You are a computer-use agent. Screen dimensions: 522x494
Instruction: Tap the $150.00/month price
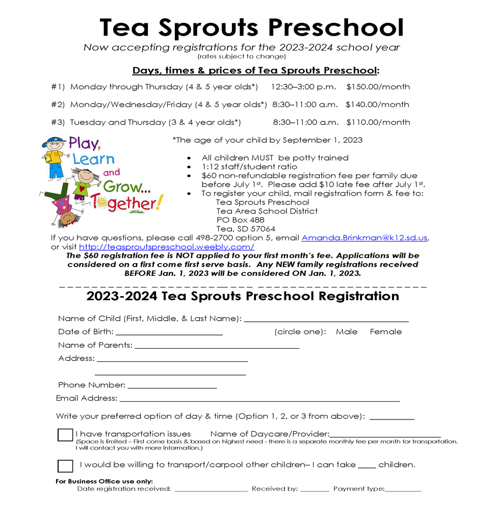click(x=378, y=87)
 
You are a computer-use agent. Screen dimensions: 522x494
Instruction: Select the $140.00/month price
click(x=377, y=105)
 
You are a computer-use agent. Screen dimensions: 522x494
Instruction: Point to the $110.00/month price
click(x=378, y=122)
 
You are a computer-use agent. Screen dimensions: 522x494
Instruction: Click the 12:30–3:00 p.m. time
click(x=304, y=87)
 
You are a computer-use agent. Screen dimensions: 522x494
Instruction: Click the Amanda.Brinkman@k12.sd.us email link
click(x=365, y=238)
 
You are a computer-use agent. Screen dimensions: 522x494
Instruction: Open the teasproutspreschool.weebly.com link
click(x=167, y=247)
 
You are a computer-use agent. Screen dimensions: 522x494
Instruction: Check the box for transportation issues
click(x=65, y=435)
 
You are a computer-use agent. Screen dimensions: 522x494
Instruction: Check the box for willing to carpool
click(x=65, y=466)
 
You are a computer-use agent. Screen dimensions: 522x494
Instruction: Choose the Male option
click(x=347, y=332)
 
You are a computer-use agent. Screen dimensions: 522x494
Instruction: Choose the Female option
click(x=386, y=332)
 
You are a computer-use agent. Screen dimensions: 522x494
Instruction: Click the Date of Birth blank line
click(x=169, y=332)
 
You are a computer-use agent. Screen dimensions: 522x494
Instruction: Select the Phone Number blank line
click(x=172, y=386)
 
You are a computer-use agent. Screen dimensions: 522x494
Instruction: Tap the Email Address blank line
click(x=259, y=399)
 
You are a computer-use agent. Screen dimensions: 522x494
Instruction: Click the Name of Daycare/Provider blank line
click(x=385, y=435)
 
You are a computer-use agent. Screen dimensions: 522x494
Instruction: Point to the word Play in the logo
click(x=84, y=143)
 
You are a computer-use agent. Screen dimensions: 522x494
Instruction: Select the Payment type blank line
click(x=403, y=489)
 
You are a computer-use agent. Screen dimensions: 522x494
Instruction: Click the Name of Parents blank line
click(x=217, y=346)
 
